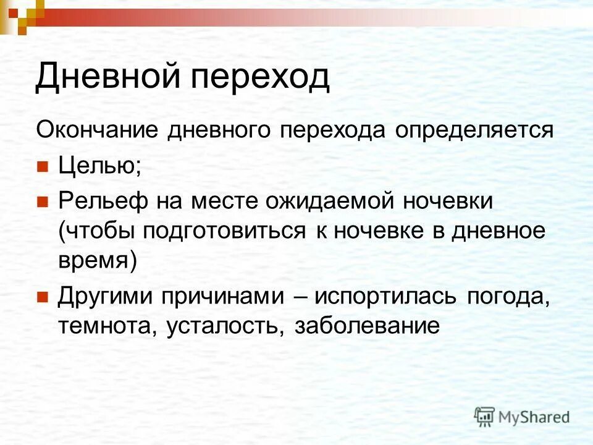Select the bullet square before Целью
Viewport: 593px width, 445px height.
point(42,167)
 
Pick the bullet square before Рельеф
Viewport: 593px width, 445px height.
point(42,201)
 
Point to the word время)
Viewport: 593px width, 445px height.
point(97,261)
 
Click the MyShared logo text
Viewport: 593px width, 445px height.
point(534,417)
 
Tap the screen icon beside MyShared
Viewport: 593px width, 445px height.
point(485,417)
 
